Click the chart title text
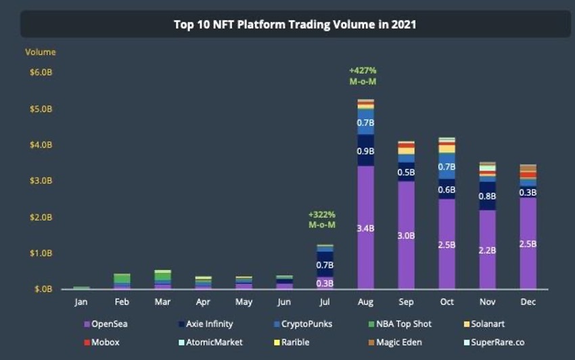[x=295, y=25]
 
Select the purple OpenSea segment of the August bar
[x=365, y=228]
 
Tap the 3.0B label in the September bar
[x=406, y=235]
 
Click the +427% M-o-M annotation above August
[x=363, y=76]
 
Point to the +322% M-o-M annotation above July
[x=322, y=219]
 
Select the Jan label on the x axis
[x=81, y=302]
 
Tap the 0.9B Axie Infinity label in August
[x=365, y=151]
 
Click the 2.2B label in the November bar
[x=487, y=250]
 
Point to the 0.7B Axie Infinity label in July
[x=325, y=265]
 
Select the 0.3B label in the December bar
[x=528, y=192]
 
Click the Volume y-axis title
[x=41, y=52]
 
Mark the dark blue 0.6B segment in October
[x=446, y=189]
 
